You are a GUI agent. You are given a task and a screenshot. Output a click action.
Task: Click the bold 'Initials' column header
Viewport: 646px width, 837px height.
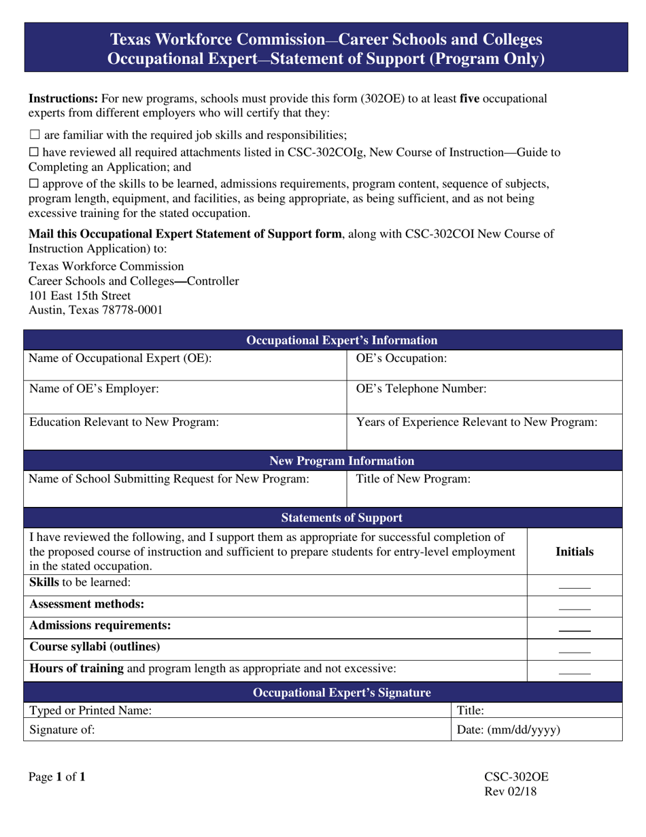click(575, 552)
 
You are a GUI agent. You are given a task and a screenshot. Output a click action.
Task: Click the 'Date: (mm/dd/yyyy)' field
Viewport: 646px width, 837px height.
click(537, 731)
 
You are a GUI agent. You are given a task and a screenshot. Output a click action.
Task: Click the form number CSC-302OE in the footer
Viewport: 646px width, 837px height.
click(516, 776)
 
